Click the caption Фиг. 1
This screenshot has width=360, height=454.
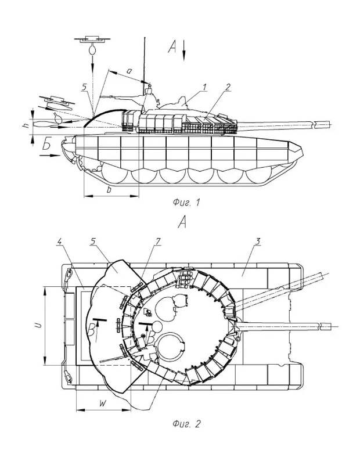tap(186, 203)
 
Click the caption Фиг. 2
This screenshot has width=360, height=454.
tap(186, 424)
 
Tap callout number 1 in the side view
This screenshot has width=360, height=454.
tap(205, 87)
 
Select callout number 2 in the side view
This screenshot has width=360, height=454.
tap(228, 87)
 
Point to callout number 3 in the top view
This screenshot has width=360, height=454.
tap(258, 241)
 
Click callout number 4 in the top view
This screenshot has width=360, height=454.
tap(59, 242)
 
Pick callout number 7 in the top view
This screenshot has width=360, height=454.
tap(158, 242)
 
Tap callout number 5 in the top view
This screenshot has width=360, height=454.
tap(93, 242)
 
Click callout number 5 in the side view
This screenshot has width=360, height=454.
tap(84, 87)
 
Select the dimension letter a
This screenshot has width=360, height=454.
tap(129, 70)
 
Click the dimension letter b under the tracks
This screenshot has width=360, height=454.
tap(109, 190)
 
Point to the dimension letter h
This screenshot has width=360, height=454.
tap(26, 125)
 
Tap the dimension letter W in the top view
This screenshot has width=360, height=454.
tap(103, 403)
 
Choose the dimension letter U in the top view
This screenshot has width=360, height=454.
tap(38, 326)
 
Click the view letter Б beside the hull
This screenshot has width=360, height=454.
tap(47, 144)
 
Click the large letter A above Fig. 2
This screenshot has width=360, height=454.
tap(182, 222)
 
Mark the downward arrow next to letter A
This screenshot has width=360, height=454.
tap(184, 51)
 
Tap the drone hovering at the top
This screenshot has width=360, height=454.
tap(92, 39)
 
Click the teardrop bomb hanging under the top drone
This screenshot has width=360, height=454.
tap(92, 49)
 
